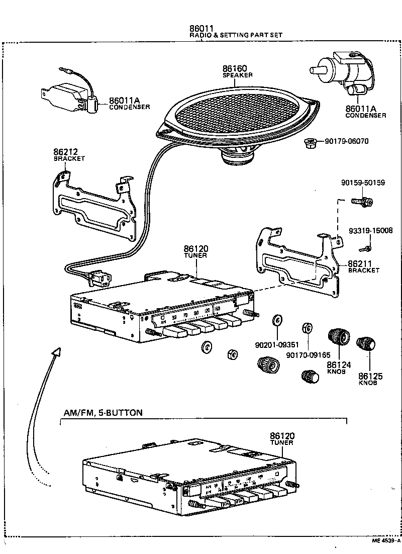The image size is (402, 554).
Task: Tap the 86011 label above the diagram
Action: coord(202,28)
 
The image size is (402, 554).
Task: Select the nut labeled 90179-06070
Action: coord(310,143)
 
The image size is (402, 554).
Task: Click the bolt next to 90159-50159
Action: coord(363,202)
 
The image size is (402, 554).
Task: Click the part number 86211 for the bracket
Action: coord(359,263)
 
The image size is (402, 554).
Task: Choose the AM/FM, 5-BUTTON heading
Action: coord(103,413)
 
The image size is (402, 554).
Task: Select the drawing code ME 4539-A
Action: coord(386,540)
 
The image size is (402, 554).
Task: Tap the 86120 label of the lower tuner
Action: coord(282,436)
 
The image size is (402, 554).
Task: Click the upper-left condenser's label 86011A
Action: coord(124,101)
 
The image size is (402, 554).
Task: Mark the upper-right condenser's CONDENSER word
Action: coord(365,116)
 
